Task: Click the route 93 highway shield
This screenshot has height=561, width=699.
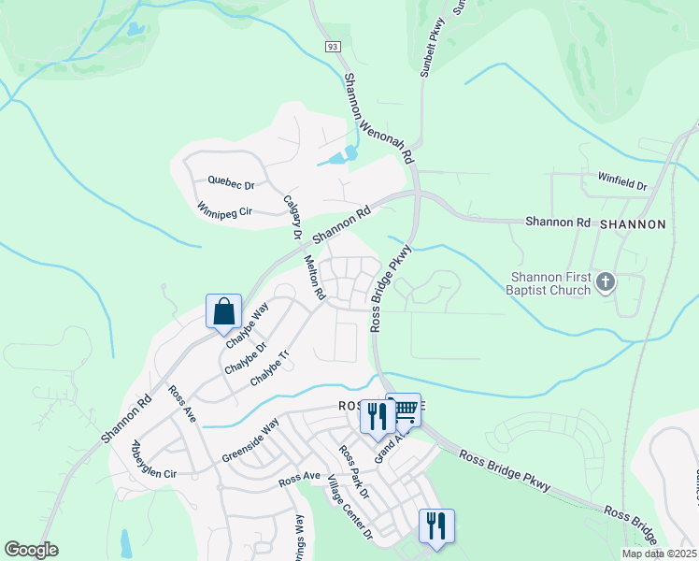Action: click(332, 46)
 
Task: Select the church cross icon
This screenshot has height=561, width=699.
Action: click(606, 281)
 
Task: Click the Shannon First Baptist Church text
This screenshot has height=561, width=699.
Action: click(550, 282)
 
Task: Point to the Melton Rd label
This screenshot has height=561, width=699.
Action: click(313, 280)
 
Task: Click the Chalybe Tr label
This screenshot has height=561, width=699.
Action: click(271, 369)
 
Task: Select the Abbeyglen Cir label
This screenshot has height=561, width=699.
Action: click(154, 459)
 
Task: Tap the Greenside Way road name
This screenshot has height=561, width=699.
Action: click(250, 441)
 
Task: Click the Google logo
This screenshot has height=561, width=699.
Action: click(30, 550)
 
